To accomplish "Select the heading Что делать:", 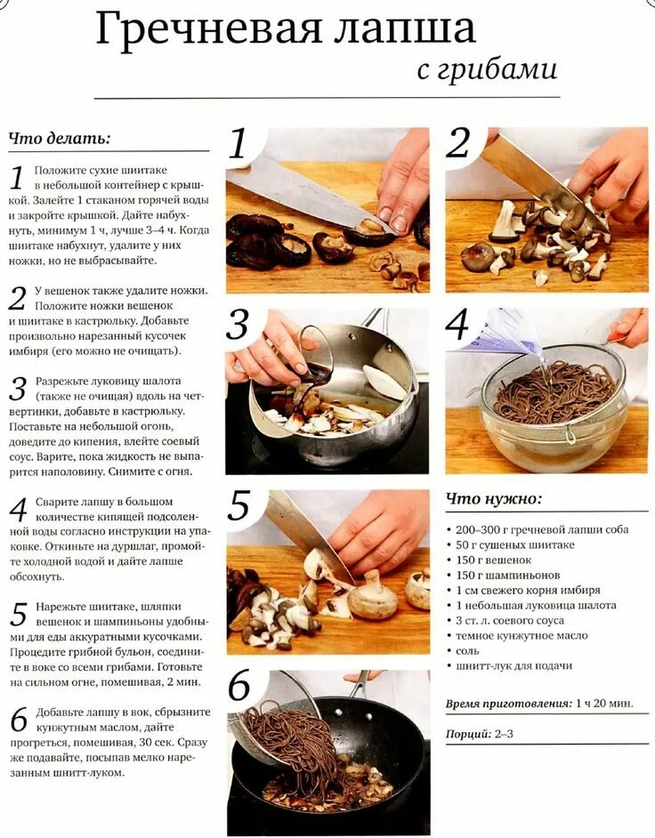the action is (60, 139).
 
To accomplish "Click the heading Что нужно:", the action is (494, 499).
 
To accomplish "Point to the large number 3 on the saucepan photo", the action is (238, 325).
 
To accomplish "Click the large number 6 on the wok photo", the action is (239, 686).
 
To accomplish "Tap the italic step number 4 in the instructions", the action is (18, 511).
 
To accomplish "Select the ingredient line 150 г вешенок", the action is (493, 560).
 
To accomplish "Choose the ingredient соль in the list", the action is (467, 651).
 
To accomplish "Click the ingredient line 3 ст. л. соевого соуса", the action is (510, 620).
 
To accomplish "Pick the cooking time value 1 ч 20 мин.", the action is (604, 703).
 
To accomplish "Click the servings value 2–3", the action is (504, 734).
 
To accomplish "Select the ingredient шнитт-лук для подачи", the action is (513, 666).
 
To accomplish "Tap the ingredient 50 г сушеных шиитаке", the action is (515, 544).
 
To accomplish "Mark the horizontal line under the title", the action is (327, 98).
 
